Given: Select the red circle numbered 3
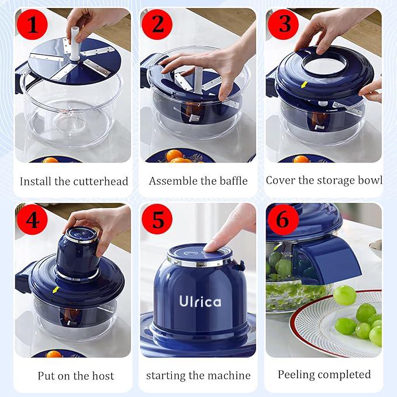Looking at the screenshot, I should point(284,24).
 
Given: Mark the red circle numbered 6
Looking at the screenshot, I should point(282,220).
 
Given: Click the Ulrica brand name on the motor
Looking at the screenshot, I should point(200,302).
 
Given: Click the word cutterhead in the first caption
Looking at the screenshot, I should point(101,181).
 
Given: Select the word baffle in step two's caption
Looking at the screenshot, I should point(231,181).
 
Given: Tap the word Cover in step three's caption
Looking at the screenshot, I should point(280,180).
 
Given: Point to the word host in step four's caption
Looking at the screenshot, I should point(103,375).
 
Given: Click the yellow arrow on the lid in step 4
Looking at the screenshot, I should point(56,289).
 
